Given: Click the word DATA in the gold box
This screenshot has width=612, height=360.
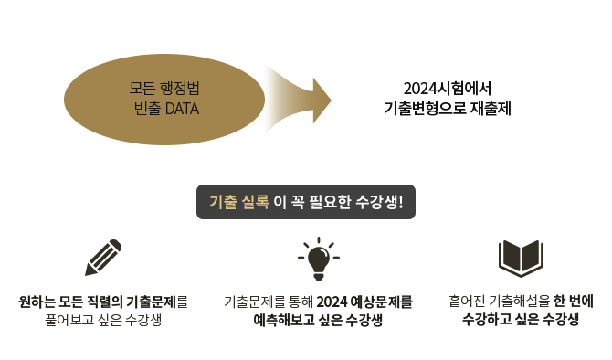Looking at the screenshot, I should [183, 108].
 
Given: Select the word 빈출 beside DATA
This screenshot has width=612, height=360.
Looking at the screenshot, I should [147, 108].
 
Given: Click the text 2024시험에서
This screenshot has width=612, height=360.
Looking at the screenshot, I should [448, 89].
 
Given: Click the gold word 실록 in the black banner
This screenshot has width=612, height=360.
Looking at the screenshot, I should [255, 202].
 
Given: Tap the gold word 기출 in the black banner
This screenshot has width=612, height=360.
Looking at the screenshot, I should [224, 202].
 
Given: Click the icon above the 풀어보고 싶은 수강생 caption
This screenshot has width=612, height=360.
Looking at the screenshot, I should [103, 259].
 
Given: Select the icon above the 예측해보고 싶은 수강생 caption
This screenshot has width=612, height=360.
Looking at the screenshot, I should [319, 259].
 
